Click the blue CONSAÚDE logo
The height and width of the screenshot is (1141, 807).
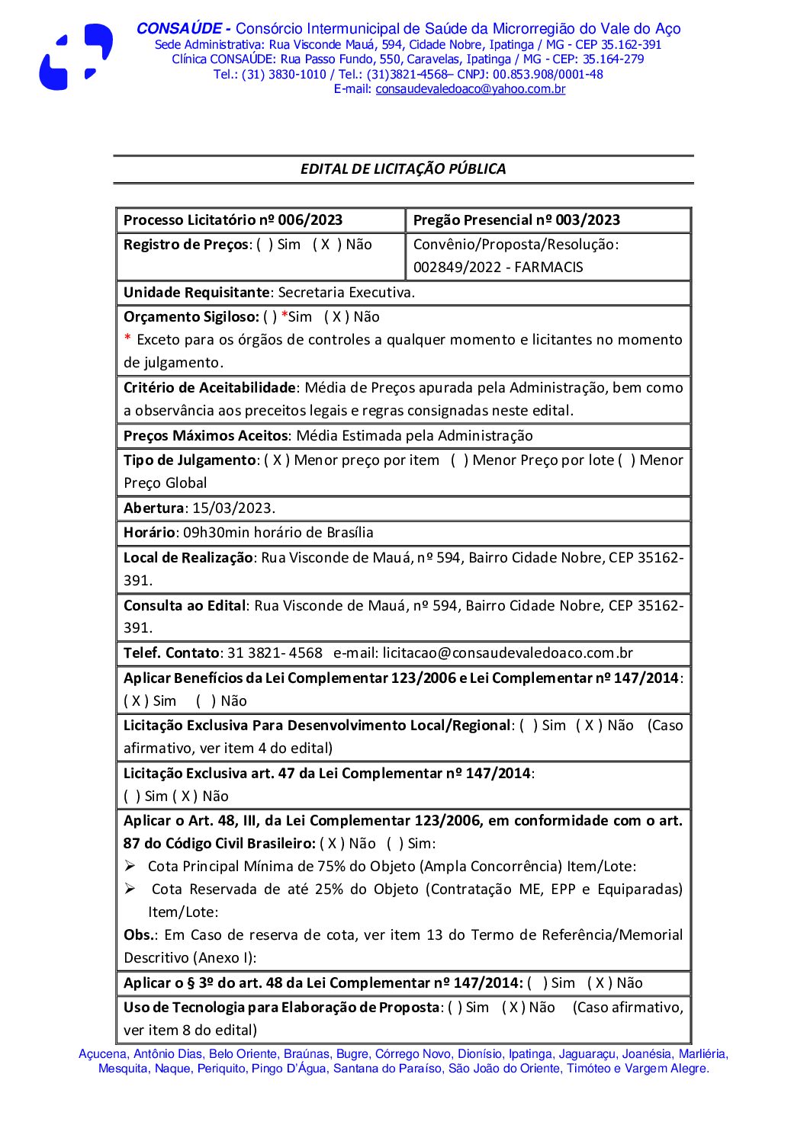76,57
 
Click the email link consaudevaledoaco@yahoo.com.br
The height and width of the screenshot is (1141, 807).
470,89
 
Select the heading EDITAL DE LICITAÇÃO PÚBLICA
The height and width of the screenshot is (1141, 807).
403,169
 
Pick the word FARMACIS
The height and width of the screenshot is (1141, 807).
548,268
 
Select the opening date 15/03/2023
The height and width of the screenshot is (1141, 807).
232,508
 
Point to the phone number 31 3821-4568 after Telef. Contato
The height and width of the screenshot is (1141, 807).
275,653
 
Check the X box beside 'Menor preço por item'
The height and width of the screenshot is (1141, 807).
277,460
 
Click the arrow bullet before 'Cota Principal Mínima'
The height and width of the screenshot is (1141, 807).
130,866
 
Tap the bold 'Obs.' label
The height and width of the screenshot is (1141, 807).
139,935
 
